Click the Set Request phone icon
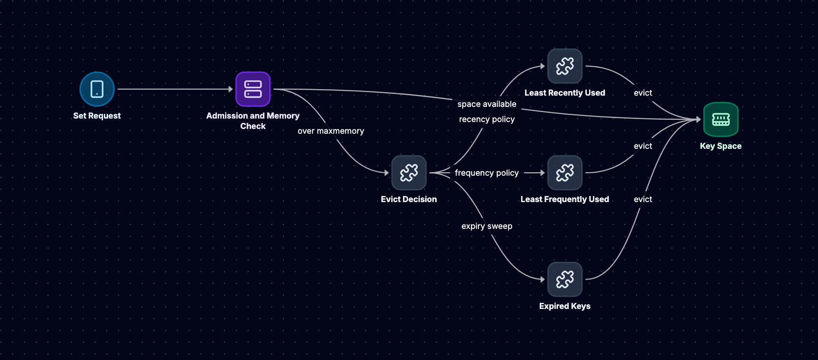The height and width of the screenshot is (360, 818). pyautogui.click(x=97, y=89)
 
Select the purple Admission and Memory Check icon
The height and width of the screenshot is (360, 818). pyautogui.click(x=253, y=89)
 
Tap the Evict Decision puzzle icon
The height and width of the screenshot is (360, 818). pyautogui.click(x=409, y=173)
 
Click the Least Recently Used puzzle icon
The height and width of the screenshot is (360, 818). pyautogui.click(x=565, y=66)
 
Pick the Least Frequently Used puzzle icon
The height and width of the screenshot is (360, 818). pyautogui.click(x=565, y=173)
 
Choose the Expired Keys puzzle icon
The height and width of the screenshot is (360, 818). pyautogui.click(x=565, y=280)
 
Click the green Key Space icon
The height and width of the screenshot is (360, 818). pyautogui.click(x=721, y=119)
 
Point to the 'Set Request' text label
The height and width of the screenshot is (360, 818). pyautogui.click(x=97, y=116)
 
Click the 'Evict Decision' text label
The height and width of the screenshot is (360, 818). pyautogui.click(x=409, y=199)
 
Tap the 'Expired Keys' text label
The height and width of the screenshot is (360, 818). pyautogui.click(x=565, y=306)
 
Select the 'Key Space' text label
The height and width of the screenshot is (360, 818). pyautogui.click(x=721, y=146)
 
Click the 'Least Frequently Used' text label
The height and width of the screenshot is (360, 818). pyautogui.click(x=565, y=199)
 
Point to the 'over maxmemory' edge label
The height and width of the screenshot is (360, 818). pyautogui.click(x=331, y=131)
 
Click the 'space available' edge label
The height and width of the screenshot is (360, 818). pyautogui.click(x=487, y=104)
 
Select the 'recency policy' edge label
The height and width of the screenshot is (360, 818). pyautogui.click(x=487, y=119)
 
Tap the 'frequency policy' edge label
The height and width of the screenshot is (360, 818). pyautogui.click(x=487, y=173)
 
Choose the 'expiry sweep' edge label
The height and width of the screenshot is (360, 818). pyautogui.click(x=487, y=226)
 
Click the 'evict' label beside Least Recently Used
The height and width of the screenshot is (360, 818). pyautogui.click(x=643, y=93)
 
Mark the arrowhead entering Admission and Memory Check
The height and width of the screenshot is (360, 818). pyautogui.click(x=231, y=89)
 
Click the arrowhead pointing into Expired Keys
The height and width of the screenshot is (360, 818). pyautogui.click(x=543, y=280)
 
